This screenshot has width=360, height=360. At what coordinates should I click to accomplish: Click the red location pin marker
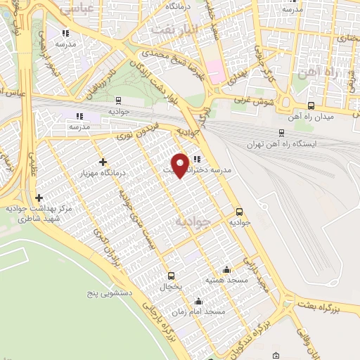click(181, 165)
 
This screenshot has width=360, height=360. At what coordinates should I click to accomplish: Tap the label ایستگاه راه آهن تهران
click(282, 143)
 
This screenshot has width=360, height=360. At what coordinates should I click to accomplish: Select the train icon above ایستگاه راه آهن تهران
click(282, 131)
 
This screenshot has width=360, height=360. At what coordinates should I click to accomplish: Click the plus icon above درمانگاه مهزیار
click(103, 162)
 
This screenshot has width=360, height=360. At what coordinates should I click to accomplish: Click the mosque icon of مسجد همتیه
click(226, 270)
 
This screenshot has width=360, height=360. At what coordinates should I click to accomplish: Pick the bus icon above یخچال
click(170, 276)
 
